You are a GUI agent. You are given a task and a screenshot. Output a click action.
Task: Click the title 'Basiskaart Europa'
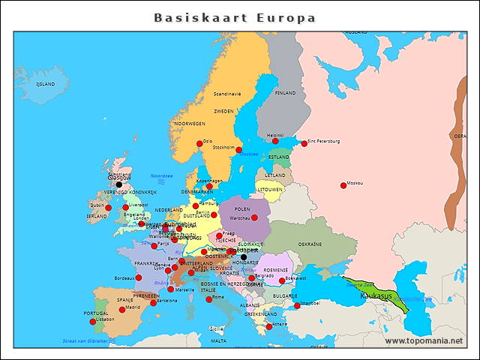coord(235,18)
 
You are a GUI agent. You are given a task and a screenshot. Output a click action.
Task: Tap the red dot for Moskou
coord(343,185)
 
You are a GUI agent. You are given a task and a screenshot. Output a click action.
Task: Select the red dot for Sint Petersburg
coord(304,143)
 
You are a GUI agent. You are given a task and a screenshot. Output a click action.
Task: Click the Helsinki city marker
coord(275,141)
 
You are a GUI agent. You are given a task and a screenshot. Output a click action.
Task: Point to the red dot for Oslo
coord(199,144)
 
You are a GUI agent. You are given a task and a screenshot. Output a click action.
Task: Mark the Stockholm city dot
coord(238,150)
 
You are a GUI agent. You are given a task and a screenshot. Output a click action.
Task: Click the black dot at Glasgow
coord(118,184)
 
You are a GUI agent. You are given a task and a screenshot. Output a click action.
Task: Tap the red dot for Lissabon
coord(93,322)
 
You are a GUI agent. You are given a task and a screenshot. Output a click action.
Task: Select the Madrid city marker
coord(122,309)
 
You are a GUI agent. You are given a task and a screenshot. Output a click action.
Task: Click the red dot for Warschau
coord(254,217)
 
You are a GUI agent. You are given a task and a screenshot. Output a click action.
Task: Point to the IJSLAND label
coord(46,84)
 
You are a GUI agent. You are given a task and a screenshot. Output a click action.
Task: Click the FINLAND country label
coord(286,94)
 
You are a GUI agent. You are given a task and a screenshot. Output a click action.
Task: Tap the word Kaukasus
coord(375,296)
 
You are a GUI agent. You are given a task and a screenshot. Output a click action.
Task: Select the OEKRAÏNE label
coord(310,244)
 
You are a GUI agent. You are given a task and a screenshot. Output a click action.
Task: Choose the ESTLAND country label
coord(279,157)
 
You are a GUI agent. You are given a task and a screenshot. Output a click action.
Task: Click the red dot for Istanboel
coord(297,305)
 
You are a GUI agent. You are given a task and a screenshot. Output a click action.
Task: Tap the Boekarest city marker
coord(282,281)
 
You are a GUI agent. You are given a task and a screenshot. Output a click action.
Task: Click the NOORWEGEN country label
coord(190,124)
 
